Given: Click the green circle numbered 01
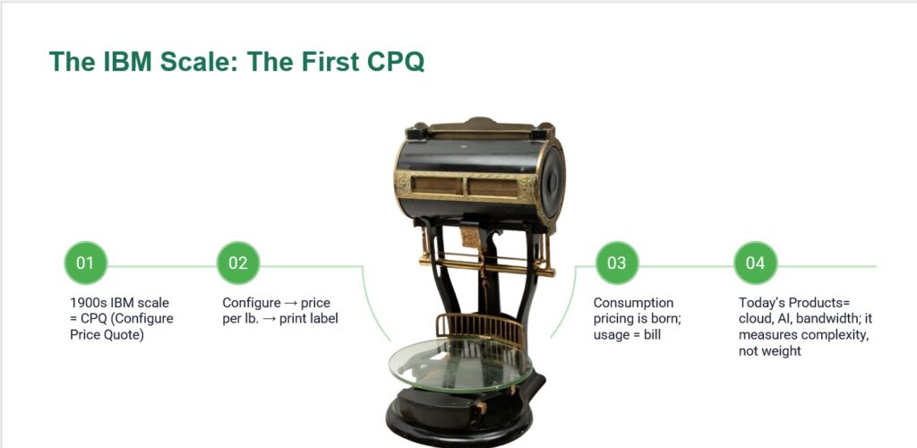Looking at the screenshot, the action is point(85,263).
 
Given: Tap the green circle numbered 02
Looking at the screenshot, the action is point(238,263).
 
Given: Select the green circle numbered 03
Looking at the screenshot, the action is point(616,263).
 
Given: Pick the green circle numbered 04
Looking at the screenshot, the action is point(755,263).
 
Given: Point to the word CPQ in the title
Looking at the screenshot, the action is point(395,62).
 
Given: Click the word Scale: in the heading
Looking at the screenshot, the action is point(193,62).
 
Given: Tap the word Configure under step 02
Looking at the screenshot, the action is point(252,304).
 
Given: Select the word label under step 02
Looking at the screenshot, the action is point(324,319).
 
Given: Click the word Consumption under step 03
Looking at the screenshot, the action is point(633,303).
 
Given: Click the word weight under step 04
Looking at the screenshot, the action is point(783,351).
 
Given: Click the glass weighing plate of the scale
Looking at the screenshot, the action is point(460,365).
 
